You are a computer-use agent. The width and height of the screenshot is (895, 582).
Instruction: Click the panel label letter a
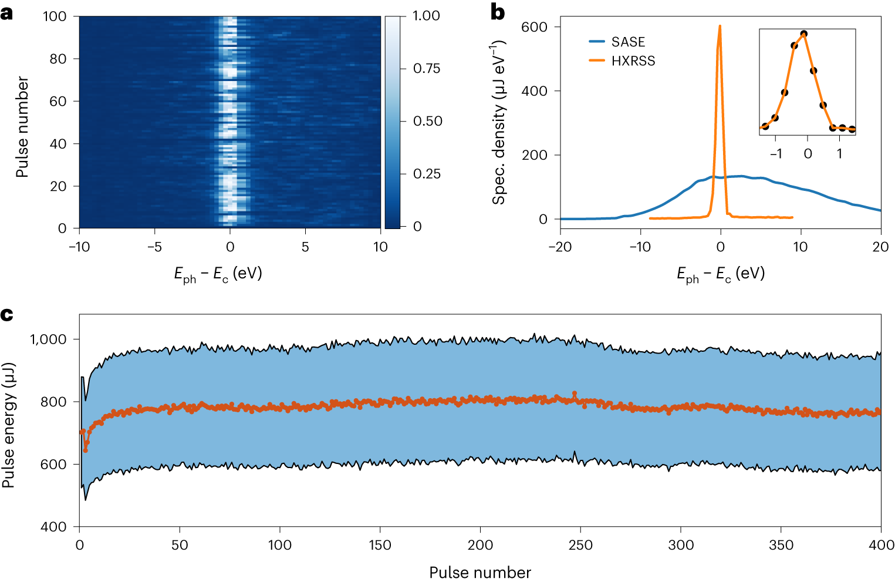[6, 13]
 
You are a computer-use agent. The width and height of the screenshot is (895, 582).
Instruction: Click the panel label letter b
[498, 13]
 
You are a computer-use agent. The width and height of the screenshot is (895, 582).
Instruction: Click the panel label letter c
[6, 315]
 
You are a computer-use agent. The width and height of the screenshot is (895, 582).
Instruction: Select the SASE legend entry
[627, 42]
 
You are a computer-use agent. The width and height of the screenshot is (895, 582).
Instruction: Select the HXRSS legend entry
[633, 60]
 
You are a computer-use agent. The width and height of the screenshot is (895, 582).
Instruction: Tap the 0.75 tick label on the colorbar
[426, 69]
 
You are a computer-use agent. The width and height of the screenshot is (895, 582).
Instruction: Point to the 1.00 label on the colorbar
[426, 16]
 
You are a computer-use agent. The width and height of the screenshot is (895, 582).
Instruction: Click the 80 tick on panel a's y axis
[58, 59]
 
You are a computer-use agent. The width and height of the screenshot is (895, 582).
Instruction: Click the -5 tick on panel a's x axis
[154, 247]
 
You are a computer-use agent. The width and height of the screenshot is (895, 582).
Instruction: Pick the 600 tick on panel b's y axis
[533, 27]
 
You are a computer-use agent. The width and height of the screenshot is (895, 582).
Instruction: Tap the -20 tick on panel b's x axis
[560, 247]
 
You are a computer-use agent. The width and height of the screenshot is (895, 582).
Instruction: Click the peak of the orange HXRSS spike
[720, 26]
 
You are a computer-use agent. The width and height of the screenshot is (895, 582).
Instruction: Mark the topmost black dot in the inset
[804, 34]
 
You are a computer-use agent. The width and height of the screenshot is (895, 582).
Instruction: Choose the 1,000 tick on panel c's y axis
[48, 339]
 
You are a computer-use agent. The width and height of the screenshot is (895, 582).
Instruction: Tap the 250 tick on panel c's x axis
[580, 545]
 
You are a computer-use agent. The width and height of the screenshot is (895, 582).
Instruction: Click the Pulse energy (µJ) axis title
[8, 425]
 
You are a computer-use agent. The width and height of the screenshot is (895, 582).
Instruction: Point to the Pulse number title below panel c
[479, 572]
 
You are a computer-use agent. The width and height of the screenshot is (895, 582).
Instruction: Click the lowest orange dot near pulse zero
[85, 450]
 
